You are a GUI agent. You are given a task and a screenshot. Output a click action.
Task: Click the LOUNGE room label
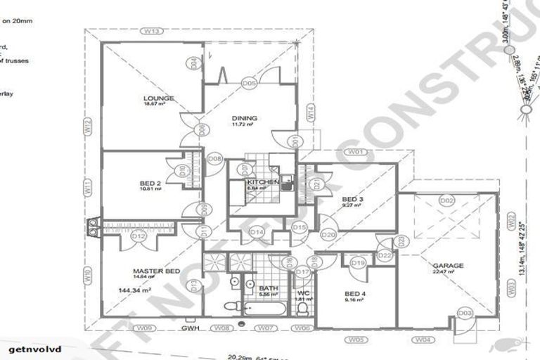coord(158,98)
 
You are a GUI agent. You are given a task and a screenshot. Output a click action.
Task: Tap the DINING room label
coord(245,118)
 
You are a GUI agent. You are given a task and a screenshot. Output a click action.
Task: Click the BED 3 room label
coord(352,200)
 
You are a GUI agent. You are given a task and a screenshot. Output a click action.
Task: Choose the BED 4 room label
coord(355,293)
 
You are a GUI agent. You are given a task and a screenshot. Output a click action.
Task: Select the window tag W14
coord(309,111)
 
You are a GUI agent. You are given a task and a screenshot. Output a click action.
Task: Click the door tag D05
coord(248,83)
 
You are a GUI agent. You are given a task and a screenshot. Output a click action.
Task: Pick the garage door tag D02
coord(446,200)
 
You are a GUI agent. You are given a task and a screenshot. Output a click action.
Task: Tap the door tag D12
coord(139,236)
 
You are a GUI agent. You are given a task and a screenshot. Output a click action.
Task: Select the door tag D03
coord(465,312)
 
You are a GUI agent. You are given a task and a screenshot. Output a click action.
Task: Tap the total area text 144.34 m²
coord(138,290)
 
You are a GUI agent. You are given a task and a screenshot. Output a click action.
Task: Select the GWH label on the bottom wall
coord(190,328)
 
